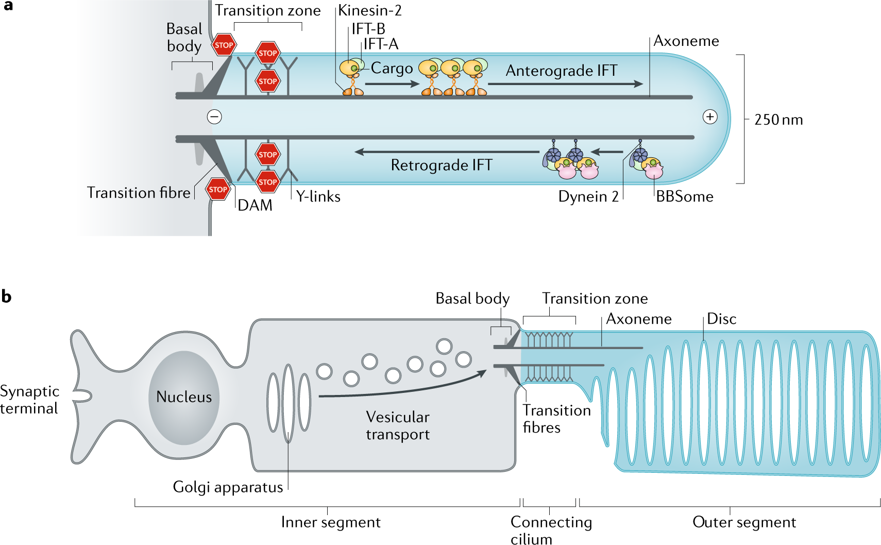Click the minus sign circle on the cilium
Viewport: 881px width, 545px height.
[214, 117]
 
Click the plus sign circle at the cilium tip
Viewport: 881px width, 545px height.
[710, 117]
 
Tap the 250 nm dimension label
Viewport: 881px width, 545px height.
[778, 120]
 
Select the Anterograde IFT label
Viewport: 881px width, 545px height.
[561, 71]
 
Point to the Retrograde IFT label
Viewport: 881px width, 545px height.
[442, 165]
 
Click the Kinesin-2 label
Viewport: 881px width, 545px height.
[369, 10]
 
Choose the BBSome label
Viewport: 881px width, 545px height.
[684, 196]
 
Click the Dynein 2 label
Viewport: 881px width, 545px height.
[588, 196]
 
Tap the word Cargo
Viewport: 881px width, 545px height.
[392, 68]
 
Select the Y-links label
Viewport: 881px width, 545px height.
[318, 196]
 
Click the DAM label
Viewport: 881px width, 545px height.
[255, 205]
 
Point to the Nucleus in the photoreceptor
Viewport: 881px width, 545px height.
[184, 397]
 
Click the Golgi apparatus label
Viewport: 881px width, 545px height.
[228, 487]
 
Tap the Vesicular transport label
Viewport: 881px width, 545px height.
[398, 425]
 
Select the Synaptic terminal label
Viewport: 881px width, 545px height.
[29, 400]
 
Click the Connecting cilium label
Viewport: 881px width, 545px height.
[551, 530]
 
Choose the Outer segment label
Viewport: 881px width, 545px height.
[744, 522]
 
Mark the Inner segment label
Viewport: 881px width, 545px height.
[331, 522]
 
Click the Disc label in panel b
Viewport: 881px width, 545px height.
[721, 319]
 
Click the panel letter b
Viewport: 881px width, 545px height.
[6, 296]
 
